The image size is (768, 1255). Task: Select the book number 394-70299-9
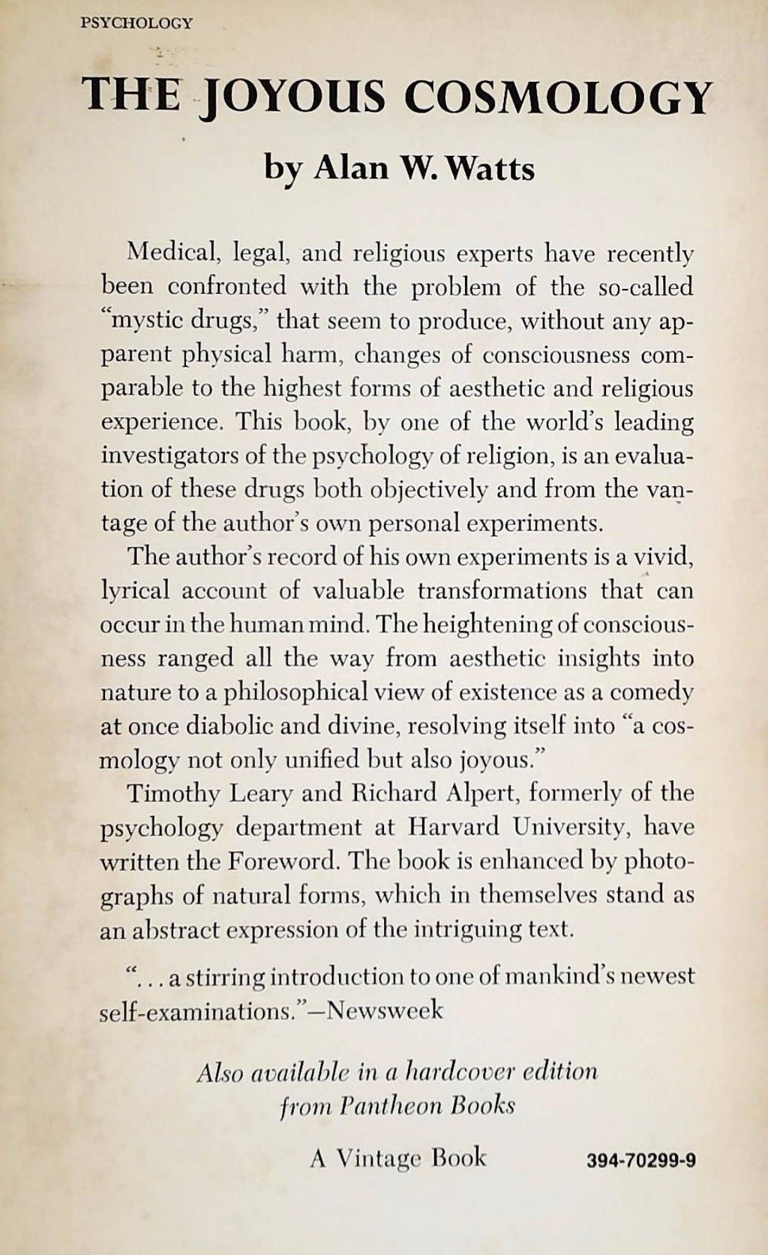pyautogui.click(x=643, y=1160)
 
